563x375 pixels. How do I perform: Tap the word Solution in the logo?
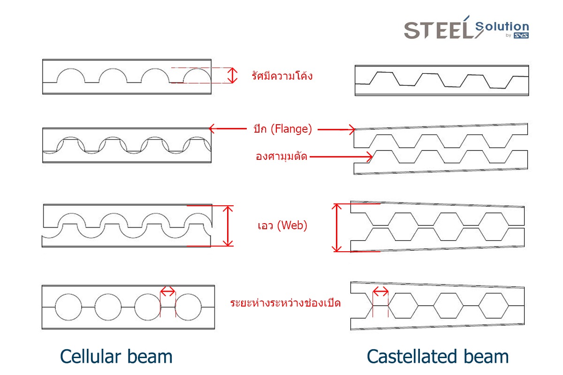pos(502,26)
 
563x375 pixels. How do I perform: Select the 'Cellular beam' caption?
pos(116,356)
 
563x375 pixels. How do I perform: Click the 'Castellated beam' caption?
pos(438,356)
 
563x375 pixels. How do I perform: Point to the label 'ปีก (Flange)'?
pos(283,129)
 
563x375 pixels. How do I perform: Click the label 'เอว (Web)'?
pos(282,225)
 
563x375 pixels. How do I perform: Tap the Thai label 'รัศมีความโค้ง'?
pos(282,75)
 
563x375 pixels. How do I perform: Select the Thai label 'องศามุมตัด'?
pos(281,156)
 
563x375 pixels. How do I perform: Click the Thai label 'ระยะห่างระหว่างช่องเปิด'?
pos(285,303)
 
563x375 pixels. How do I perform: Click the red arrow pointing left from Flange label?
pos(228,128)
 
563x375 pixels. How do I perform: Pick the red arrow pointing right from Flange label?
pos(336,129)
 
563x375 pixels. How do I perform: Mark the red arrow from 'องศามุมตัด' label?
pos(341,157)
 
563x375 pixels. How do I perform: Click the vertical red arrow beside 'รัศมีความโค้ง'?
pos(233,75)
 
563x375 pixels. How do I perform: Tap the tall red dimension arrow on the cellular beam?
pos(228,226)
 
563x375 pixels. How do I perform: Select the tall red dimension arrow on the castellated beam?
pos(336,227)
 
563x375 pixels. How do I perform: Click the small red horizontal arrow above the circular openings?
pos(167,292)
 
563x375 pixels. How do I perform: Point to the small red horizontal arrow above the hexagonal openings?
pos(380,292)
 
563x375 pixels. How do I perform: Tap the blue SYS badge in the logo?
pos(521,36)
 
